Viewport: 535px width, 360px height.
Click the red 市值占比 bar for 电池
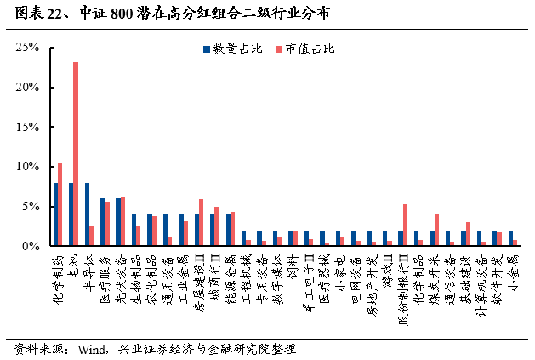coord(76,154)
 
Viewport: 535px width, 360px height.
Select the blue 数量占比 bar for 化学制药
coord(55,214)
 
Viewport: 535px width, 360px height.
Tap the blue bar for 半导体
coord(87,214)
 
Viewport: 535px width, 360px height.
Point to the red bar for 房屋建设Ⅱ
coord(201,222)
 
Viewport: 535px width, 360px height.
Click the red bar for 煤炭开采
coord(436,230)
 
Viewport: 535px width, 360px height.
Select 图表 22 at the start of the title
coord(34,14)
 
